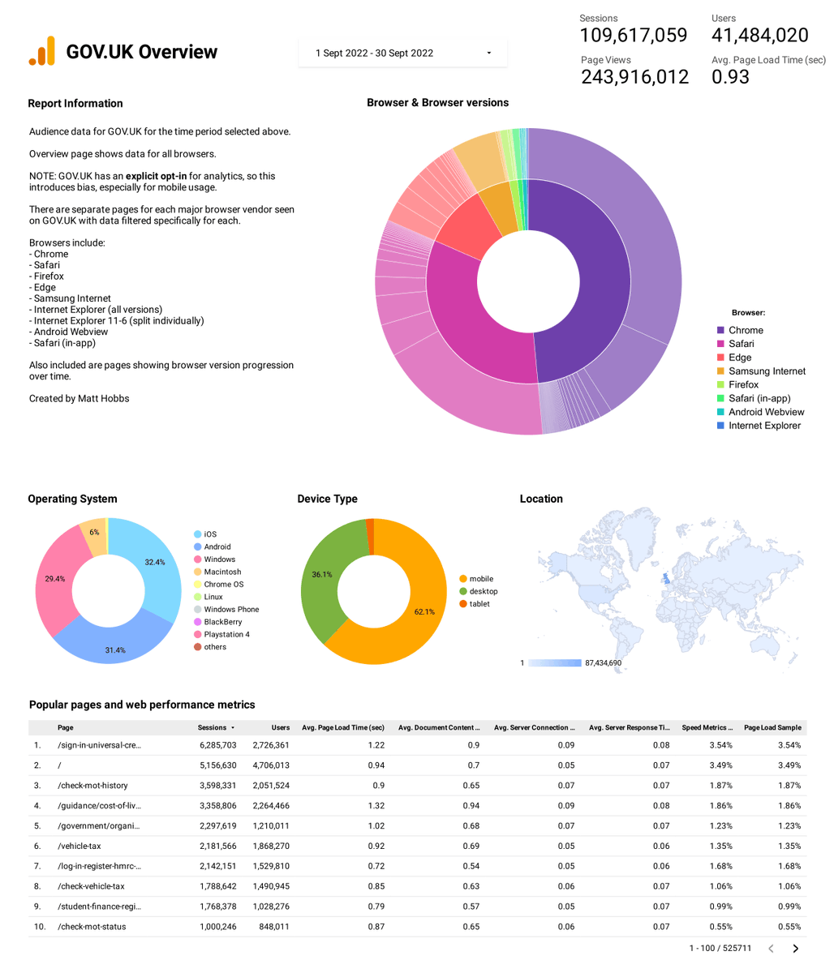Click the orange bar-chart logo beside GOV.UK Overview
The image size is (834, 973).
tap(42, 51)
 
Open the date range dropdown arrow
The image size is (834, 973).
tap(488, 54)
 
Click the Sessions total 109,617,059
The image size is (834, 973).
tap(633, 36)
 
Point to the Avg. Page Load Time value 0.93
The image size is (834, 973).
tap(730, 77)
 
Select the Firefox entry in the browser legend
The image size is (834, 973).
tap(743, 384)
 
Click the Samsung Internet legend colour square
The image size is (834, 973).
tap(720, 371)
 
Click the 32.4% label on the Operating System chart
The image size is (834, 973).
tap(155, 562)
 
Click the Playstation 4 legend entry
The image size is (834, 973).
tap(226, 634)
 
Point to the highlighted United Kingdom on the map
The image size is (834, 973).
tap(666, 578)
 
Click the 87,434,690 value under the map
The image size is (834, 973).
tap(603, 663)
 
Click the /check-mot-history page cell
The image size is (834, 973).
tap(92, 785)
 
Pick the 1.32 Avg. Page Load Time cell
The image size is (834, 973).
tap(375, 805)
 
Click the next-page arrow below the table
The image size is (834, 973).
tap(795, 948)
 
